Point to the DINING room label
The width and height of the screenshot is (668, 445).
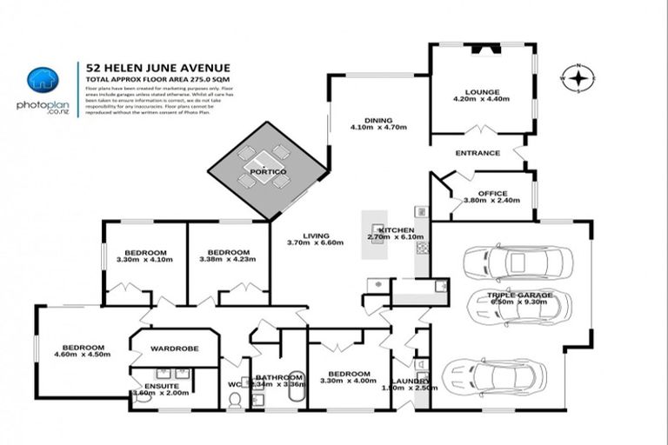[x=377, y=121]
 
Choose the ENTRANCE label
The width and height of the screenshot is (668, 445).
[x=478, y=153]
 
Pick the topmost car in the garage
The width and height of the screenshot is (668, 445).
[x=517, y=262]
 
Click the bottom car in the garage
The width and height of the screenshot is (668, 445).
[x=493, y=377]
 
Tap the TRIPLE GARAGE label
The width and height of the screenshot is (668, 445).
[x=519, y=296]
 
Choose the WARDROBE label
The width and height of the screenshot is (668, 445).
[x=174, y=349]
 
